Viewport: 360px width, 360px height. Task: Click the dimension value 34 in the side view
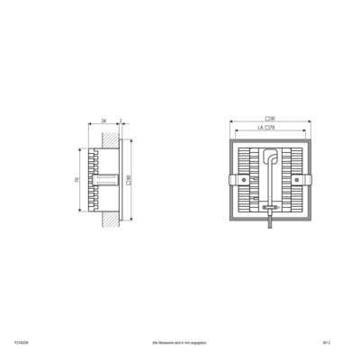(x=103, y=120)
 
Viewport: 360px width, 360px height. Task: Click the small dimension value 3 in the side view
(x=121, y=120)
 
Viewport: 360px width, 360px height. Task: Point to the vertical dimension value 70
(x=77, y=181)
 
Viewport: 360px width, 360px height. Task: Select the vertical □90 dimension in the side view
(x=131, y=181)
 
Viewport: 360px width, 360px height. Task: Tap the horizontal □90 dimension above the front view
(x=270, y=119)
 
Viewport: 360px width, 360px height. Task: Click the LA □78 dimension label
(x=266, y=129)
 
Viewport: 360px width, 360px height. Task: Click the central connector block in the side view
(x=107, y=181)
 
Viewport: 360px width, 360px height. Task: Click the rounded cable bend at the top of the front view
(x=268, y=154)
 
